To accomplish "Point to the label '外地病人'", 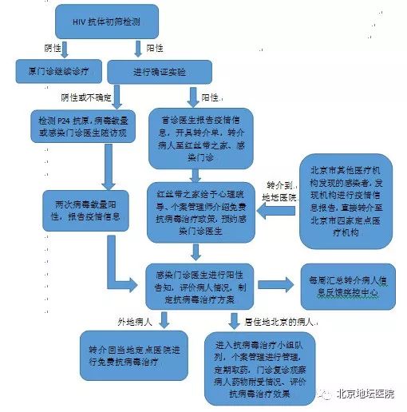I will (x=136, y=323).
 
